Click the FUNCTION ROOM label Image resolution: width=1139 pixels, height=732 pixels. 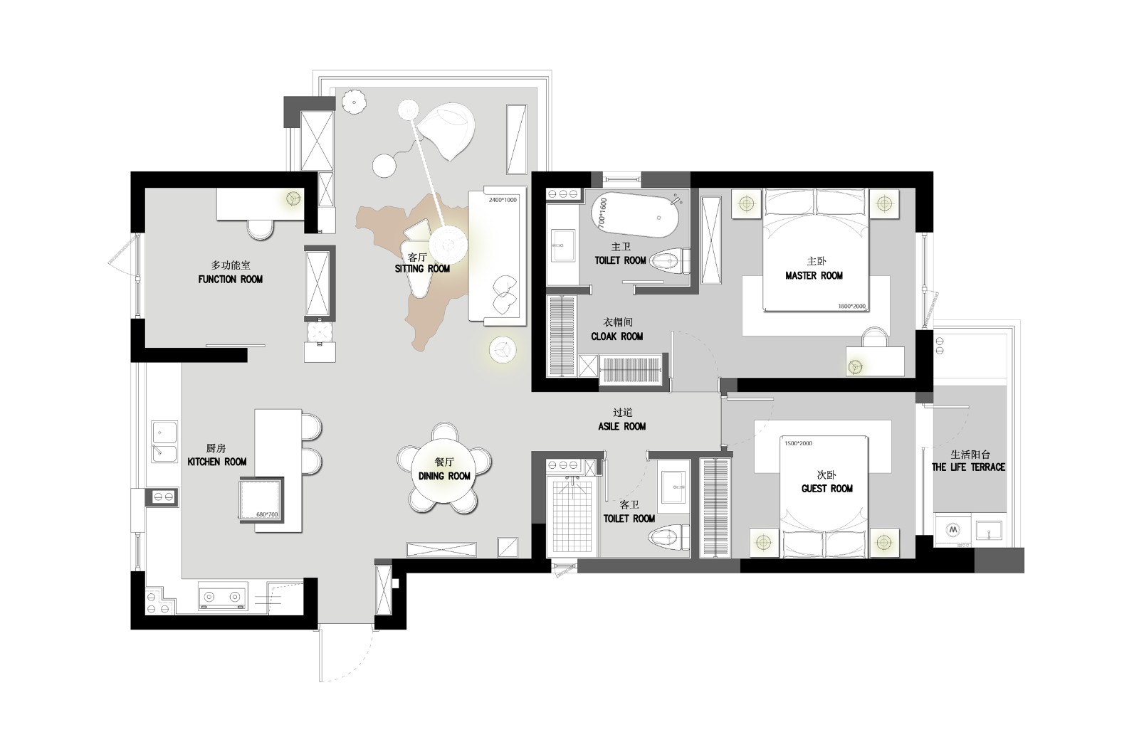pos(231,280)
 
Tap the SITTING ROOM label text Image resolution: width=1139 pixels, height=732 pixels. pos(423,269)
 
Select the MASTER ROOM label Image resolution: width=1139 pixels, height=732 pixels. pos(814,276)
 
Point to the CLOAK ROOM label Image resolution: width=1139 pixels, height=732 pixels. pos(617,336)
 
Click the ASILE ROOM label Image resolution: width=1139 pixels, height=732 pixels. pos(622,427)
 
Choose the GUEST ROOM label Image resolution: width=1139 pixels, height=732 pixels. pos(827,489)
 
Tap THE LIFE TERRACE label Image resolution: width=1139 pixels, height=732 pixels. pos(969,467)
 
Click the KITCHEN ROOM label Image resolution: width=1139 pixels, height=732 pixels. pos(217,462)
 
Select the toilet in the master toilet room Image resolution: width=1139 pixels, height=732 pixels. pos(671,262)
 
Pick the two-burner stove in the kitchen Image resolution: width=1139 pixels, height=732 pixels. pos(221,596)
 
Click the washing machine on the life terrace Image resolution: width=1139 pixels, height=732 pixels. pos(953,530)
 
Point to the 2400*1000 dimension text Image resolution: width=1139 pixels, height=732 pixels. pos(503,200)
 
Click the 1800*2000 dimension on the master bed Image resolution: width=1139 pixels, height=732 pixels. pos(851,307)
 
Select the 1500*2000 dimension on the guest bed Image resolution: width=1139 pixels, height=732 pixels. pos(798,443)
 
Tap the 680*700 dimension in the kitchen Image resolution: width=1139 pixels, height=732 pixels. pos(267,514)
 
